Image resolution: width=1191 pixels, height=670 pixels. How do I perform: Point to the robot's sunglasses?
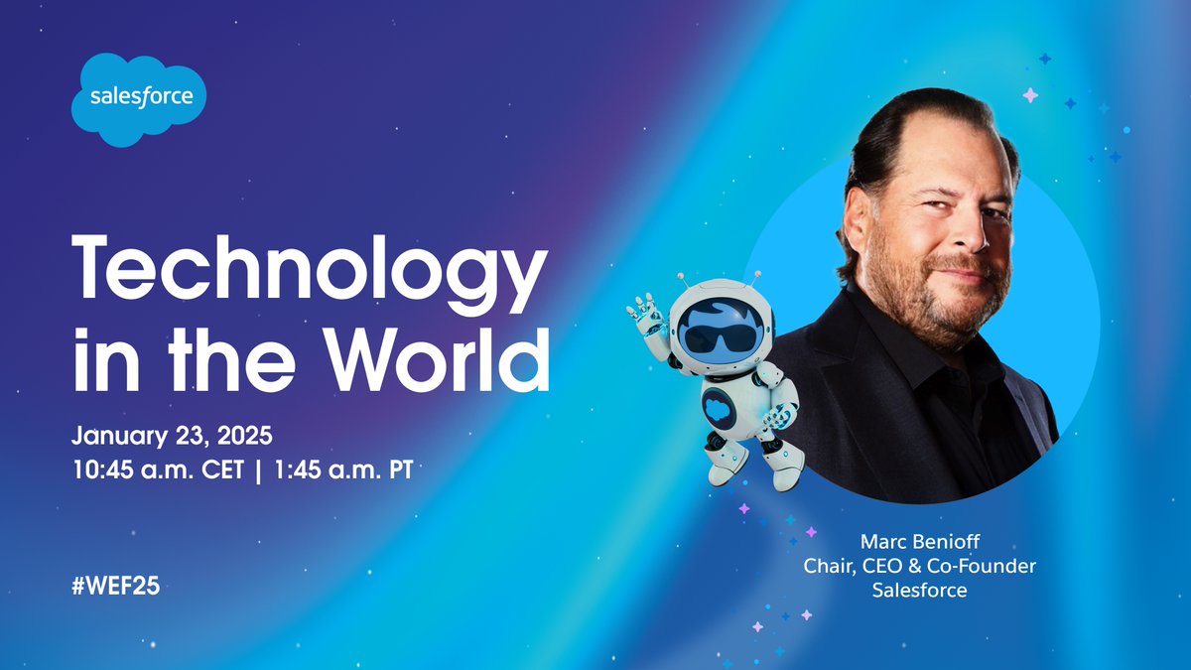click(x=719, y=338)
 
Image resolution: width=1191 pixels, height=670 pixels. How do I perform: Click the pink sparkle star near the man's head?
click(x=1030, y=95)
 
